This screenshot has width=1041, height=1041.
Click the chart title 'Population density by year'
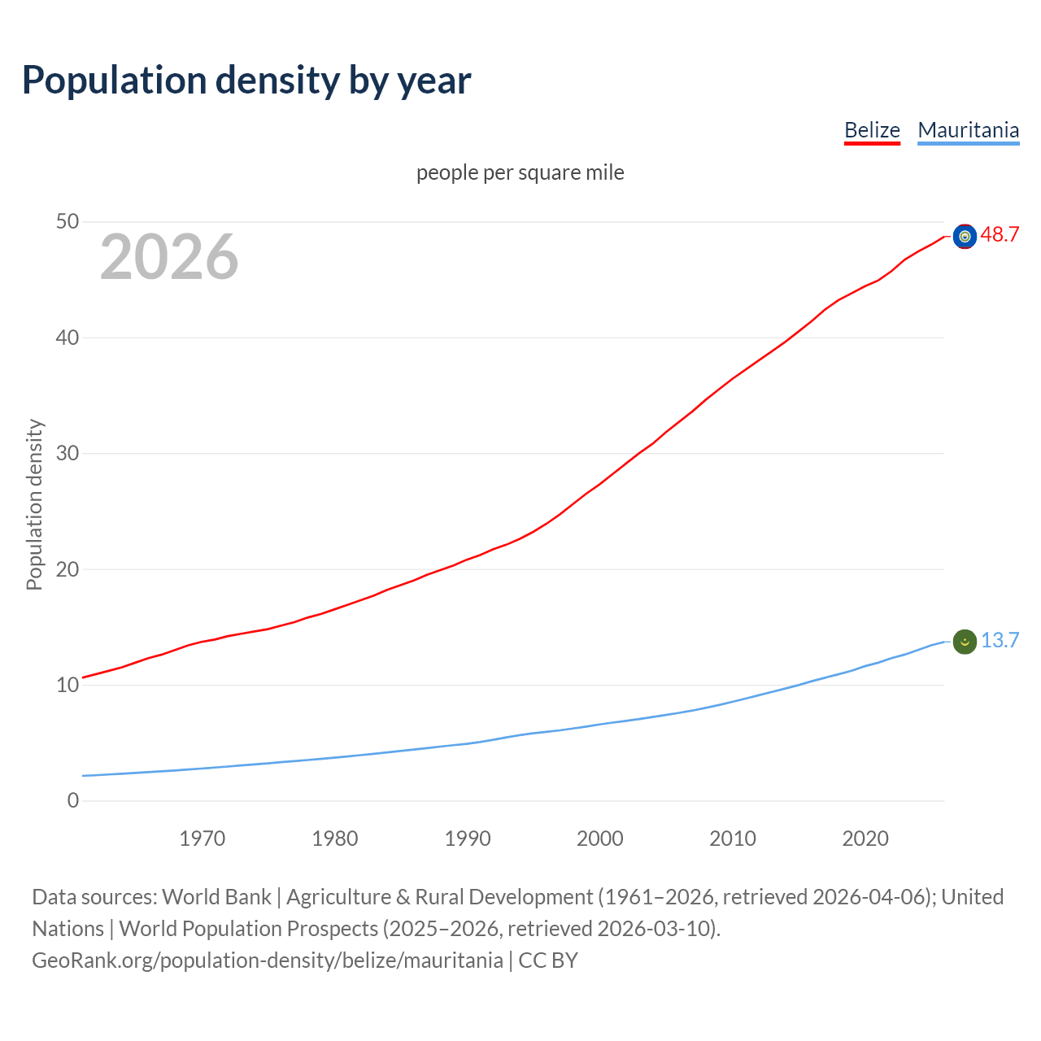tap(246, 80)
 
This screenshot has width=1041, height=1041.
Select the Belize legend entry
tap(872, 130)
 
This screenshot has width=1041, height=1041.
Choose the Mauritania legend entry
tap(968, 130)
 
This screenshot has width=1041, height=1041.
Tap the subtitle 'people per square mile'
tap(520, 172)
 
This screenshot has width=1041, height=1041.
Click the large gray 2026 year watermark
tap(169, 257)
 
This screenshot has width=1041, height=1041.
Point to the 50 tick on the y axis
tap(68, 222)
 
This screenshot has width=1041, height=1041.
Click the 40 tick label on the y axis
tap(68, 338)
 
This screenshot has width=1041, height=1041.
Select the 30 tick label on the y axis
tap(68, 453)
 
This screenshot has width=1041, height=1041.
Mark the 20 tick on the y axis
tap(68, 569)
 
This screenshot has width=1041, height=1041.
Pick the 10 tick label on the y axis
tap(68, 685)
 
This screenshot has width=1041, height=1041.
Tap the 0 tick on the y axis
tap(73, 800)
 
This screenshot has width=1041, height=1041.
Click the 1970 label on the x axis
tap(202, 838)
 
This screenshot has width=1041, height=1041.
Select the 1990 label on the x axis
tap(468, 838)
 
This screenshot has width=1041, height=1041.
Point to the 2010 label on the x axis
tap(733, 838)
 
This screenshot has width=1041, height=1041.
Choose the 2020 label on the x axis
tap(865, 838)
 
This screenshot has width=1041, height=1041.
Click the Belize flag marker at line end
tap(965, 236)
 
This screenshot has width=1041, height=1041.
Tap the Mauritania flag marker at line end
tap(965, 642)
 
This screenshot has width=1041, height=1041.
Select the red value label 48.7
tap(1000, 235)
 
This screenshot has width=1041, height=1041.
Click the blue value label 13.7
tap(1000, 641)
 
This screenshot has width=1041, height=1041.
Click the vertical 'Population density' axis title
tap(34, 504)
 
